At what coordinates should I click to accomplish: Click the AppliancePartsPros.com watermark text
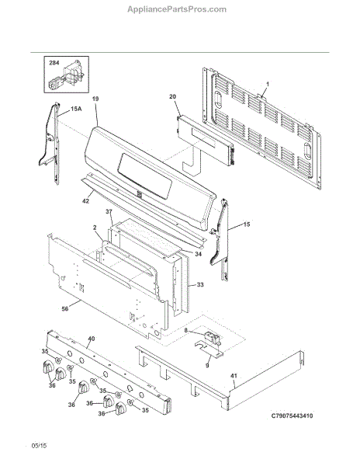(x=177, y=9)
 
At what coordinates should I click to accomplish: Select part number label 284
(x=54, y=63)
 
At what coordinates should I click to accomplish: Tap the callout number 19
(x=95, y=99)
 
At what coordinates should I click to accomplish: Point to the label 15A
(x=76, y=109)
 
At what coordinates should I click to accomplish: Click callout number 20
(x=173, y=96)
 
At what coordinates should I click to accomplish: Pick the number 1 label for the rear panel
(x=267, y=85)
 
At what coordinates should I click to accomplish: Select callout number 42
(x=85, y=201)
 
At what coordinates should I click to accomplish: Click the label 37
(x=109, y=211)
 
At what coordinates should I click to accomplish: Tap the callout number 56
(x=64, y=309)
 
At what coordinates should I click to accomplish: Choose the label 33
(x=200, y=285)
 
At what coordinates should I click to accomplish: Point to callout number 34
(x=199, y=254)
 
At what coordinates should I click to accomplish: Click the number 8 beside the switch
(x=185, y=331)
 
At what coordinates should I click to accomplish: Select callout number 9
(x=207, y=366)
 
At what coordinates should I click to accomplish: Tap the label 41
(x=234, y=376)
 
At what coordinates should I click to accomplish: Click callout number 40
(x=92, y=339)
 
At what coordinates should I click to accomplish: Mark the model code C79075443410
(x=292, y=416)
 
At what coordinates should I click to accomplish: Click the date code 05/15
(x=40, y=446)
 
